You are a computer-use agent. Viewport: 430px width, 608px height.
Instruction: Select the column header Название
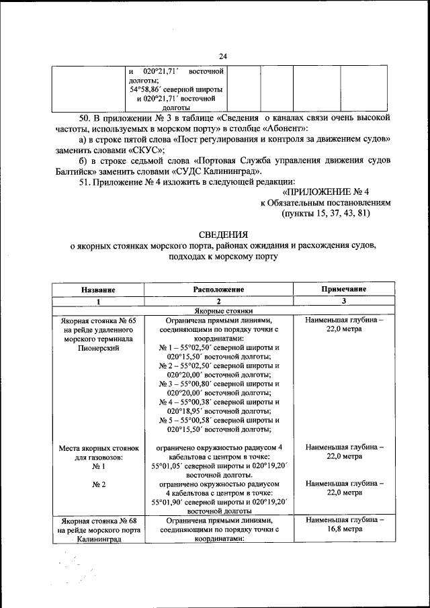point(98,289)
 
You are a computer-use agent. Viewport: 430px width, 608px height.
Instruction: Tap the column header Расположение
point(218,289)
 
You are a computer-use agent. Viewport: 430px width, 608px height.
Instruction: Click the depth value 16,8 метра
point(344,529)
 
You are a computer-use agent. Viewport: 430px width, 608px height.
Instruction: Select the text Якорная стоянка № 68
point(98,520)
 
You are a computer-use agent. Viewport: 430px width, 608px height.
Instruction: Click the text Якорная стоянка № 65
point(98,321)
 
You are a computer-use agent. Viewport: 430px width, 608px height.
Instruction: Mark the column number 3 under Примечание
point(343,301)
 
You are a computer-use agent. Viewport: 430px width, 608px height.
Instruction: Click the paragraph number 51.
point(85,181)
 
